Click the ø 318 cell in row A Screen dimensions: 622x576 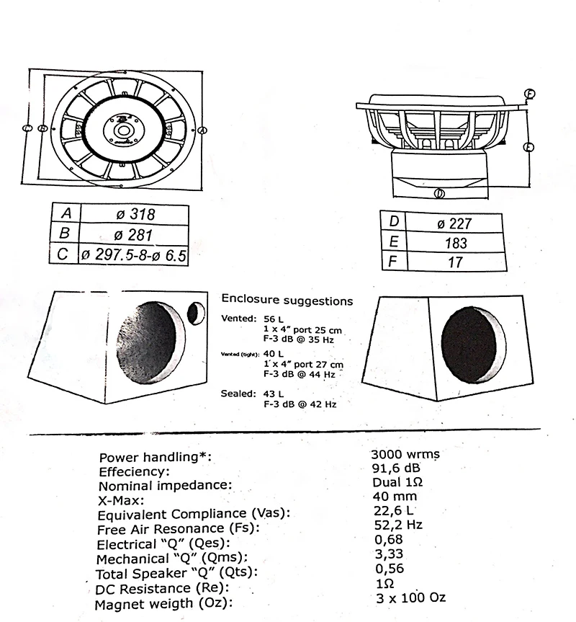(x=135, y=214)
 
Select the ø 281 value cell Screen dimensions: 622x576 (x=135, y=234)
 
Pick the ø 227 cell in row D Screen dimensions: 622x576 (x=455, y=223)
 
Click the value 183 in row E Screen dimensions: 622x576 (x=455, y=243)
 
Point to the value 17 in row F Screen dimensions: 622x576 (x=455, y=262)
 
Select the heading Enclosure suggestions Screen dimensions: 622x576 (x=287, y=301)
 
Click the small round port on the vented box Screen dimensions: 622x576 (x=195, y=312)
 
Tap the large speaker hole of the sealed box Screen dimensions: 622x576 (x=469, y=343)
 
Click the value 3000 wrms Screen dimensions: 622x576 (x=404, y=455)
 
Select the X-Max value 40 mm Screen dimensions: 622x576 (x=395, y=497)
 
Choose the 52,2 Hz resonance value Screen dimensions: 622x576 (x=398, y=525)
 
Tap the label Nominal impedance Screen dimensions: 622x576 (x=165, y=486)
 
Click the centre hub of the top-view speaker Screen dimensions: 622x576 (x=122, y=130)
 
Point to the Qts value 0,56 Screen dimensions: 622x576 (x=389, y=568)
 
